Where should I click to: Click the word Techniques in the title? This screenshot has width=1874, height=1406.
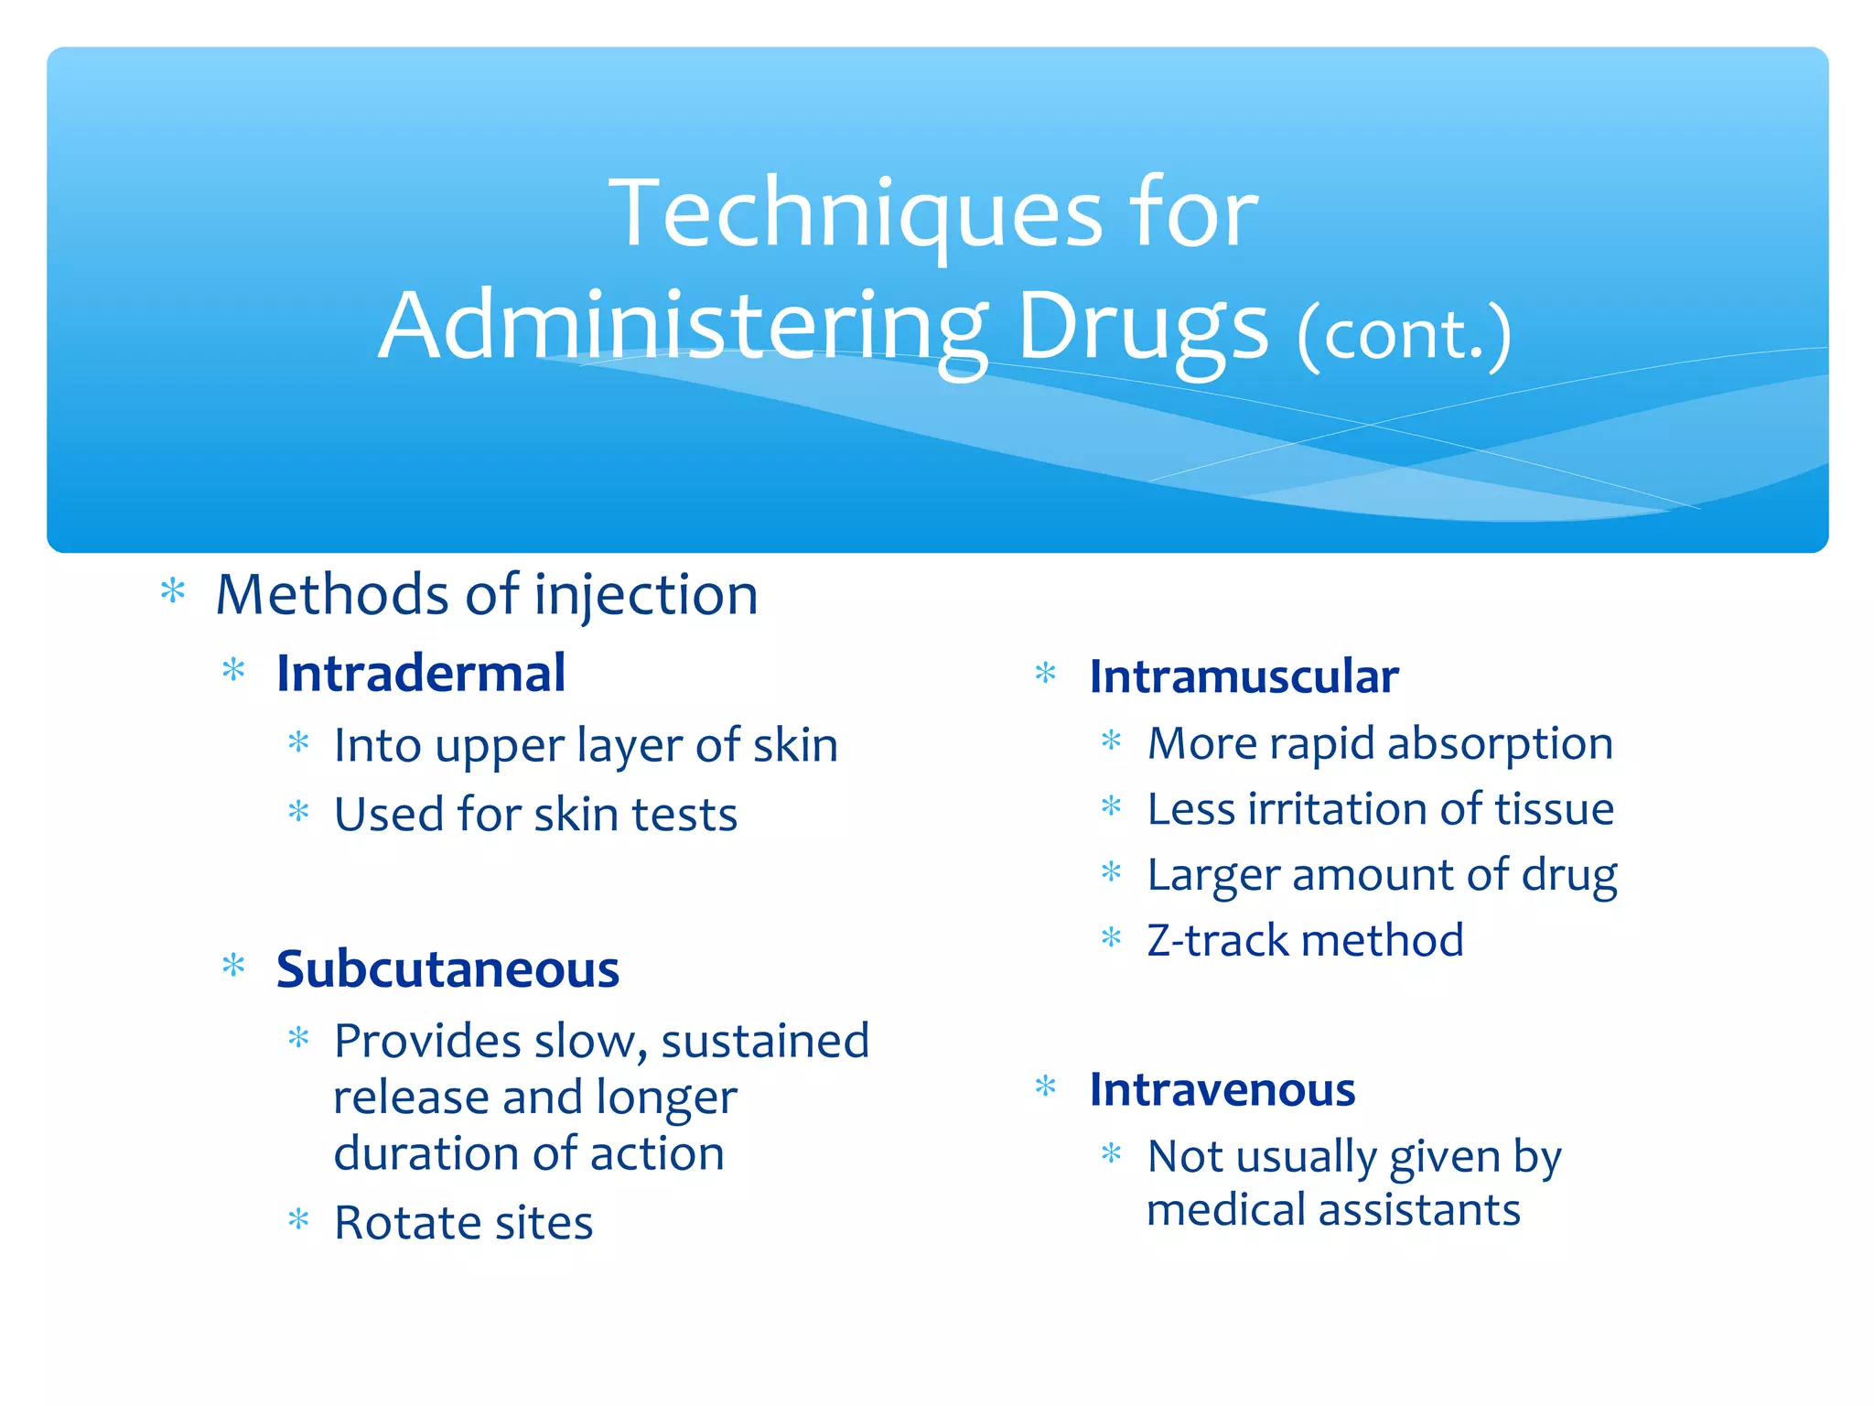pos(856,213)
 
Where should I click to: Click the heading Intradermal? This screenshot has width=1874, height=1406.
pos(421,674)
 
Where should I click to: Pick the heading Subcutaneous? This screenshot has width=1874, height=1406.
pos(447,969)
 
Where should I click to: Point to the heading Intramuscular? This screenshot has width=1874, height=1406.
pos(1244,677)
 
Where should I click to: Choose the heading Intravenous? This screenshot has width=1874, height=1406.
pos(1222,1090)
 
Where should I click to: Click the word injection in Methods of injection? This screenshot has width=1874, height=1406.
pos(646,595)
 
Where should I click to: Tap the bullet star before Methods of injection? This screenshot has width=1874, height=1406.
pos(173,592)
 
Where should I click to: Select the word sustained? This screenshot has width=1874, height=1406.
pos(765,1042)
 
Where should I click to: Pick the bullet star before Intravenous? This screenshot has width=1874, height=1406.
pos(1046,1087)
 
